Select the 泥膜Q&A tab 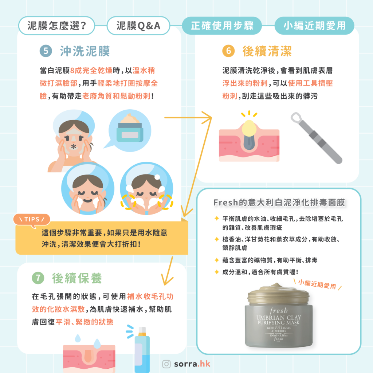[x=138, y=26]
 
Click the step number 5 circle [x=46, y=51]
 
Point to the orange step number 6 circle [x=228, y=51]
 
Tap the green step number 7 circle [x=38, y=278]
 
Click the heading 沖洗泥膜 [x=85, y=51]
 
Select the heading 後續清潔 [x=267, y=51]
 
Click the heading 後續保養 [x=77, y=278]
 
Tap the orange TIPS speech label [x=31, y=219]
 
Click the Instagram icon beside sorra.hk [x=166, y=364]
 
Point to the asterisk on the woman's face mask [x=74, y=147]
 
